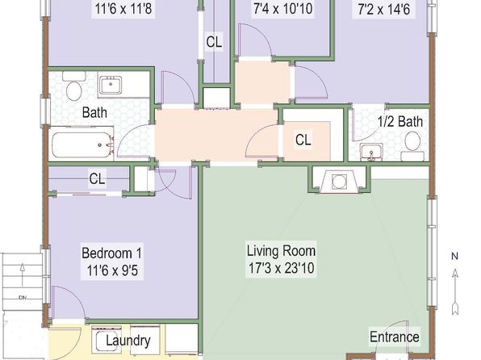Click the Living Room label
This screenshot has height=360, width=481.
(x=282, y=251)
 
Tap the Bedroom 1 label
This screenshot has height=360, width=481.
(x=111, y=253)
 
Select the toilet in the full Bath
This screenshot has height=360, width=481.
(x=74, y=86)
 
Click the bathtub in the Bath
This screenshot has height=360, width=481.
(x=81, y=144)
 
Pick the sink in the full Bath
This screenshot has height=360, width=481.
(x=110, y=86)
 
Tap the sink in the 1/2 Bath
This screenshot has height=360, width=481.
(x=371, y=153)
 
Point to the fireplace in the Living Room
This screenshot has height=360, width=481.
(x=339, y=181)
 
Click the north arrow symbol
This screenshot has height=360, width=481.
(x=455, y=292)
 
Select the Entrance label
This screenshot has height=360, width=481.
(x=394, y=337)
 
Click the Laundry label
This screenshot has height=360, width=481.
(x=128, y=341)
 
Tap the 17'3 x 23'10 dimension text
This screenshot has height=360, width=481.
(x=282, y=268)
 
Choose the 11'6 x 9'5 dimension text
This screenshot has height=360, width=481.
(x=112, y=270)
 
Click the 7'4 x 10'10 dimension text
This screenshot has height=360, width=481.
(x=282, y=8)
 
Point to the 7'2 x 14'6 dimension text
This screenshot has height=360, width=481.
(x=384, y=9)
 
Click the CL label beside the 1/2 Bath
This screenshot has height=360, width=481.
(x=303, y=140)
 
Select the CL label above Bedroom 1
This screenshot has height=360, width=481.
(x=97, y=178)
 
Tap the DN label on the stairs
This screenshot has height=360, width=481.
(x=23, y=297)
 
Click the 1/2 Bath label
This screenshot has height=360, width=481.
(x=400, y=122)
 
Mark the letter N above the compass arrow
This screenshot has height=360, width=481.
(x=455, y=256)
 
